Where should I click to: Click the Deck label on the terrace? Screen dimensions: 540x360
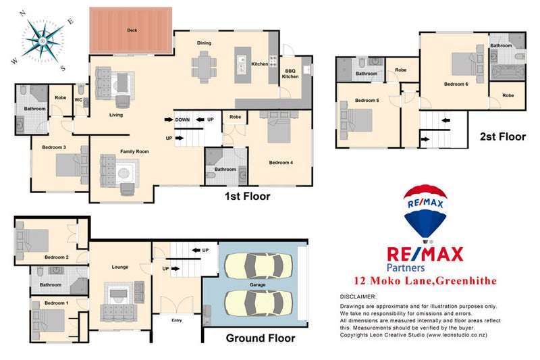coord(132,30)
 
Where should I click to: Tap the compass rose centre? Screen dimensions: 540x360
coord(43,41)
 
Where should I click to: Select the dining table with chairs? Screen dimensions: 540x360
coord(204,67)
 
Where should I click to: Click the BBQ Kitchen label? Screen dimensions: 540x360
coord(290,74)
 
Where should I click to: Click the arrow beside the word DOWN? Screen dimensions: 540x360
coord(169,120)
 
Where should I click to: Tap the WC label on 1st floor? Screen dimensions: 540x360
coord(78,100)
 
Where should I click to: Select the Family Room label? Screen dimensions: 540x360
coord(134,151)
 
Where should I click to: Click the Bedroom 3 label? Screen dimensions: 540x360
coord(54,147)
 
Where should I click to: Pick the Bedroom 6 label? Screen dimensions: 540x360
coord(456,84)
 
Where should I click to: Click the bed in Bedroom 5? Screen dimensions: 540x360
coord(356,120)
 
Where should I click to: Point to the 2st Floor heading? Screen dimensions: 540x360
coord(503,136)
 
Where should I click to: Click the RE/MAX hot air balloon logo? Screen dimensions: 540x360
coord(425,213)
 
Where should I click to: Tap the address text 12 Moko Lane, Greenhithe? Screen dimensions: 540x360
coord(425,281)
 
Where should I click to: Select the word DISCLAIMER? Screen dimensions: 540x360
coord(358,297)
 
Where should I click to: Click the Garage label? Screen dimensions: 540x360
coord(258,285)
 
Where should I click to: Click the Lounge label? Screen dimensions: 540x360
coord(120,267)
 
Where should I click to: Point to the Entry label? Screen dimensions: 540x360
coord(177,320)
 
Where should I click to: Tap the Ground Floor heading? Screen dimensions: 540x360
coord(261,338)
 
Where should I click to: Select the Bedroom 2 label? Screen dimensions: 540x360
coord(57,257)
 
